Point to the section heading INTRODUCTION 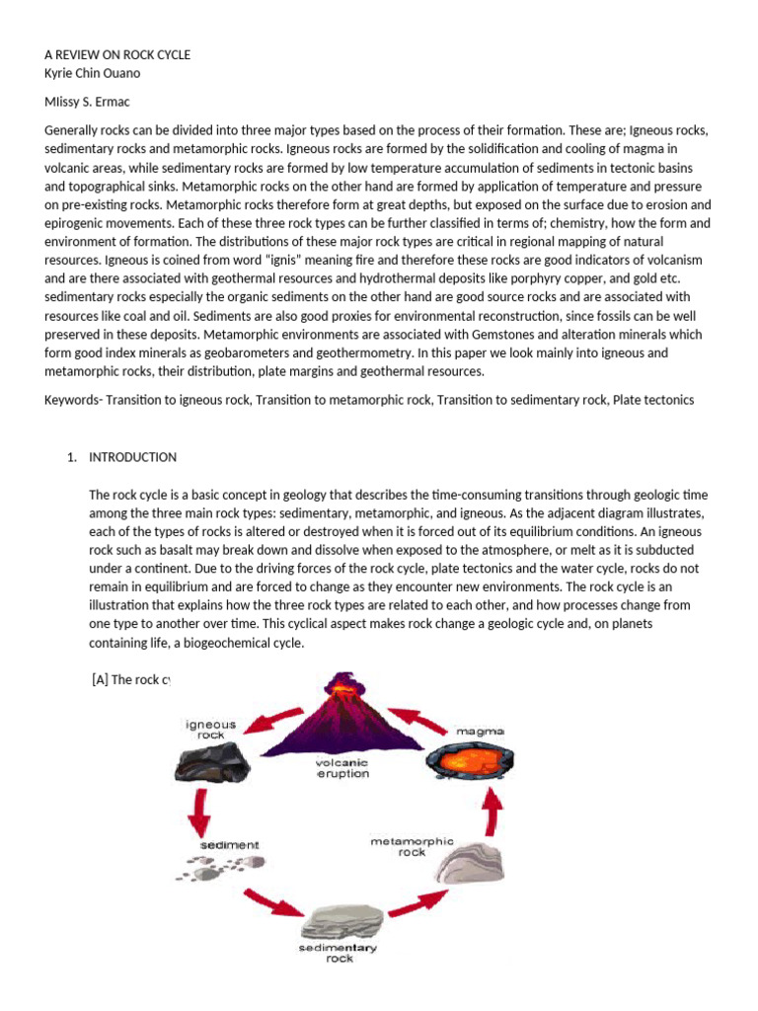(132, 457)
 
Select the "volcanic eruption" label (341, 767)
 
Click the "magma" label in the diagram (480, 731)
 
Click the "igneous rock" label (211, 730)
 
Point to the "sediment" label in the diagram (229, 845)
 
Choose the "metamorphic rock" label (412, 847)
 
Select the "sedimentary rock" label (339, 952)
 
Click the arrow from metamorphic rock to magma (490, 812)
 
